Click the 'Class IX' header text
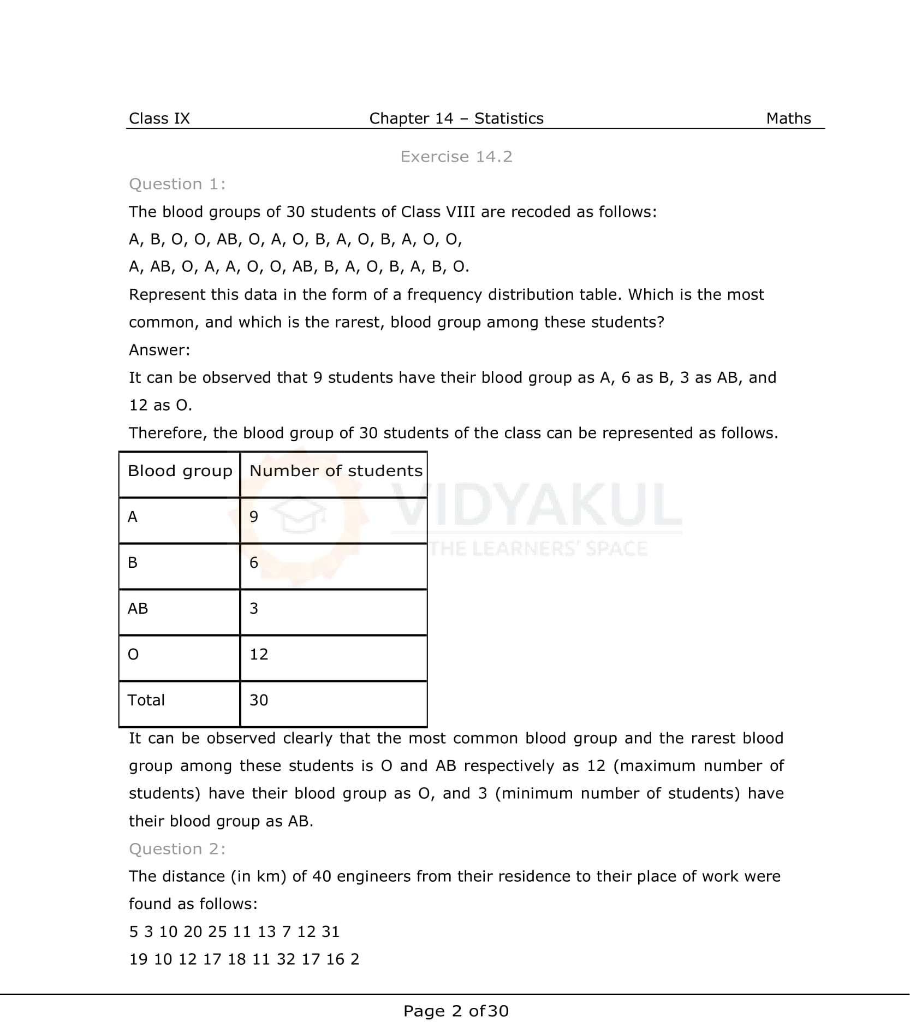coord(159,118)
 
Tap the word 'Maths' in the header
coord(788,118)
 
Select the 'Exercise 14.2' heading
coord(456,157)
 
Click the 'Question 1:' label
coord(177,184)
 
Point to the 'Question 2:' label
coord(177,848)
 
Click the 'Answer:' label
coord(159,350)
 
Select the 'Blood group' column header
coord(180,471)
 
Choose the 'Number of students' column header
coord(336,471)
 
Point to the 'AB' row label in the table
coord(138,608)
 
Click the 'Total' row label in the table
coord(146,700)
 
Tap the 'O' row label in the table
coord(133,654)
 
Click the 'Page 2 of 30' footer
coord(456,1011)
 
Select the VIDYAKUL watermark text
coord(538,505)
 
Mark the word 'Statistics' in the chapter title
coord(509,118)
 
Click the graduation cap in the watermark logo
coord(299,516)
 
